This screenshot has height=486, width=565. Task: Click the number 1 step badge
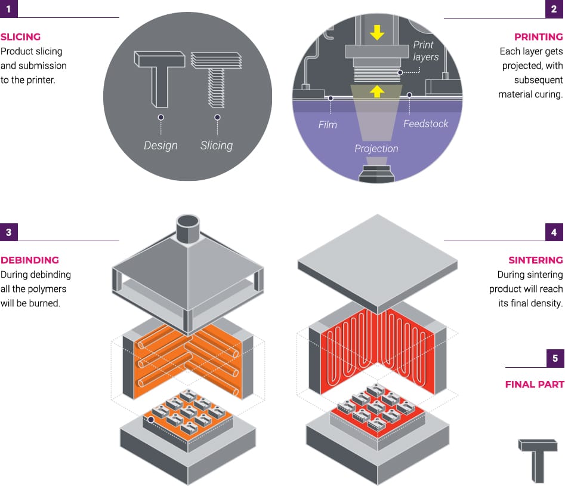click(x=8, y=9)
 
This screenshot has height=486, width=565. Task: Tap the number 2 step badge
click(x=554, y=9)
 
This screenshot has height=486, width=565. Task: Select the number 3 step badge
click(x=8, y=232)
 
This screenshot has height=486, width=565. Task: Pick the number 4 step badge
click(x=554, y=232)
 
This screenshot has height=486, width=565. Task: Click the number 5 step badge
click(x=555, y=358)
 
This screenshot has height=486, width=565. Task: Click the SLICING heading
click(x=21, y=36)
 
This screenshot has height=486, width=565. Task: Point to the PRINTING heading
click(x=538, y=36)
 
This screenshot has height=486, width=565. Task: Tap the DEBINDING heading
click(x=30, y=260)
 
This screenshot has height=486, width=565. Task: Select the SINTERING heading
click(x=535, y=260)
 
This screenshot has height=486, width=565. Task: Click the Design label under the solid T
click(x=160, y=145)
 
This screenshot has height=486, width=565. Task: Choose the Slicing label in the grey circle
click(x=217, y=145)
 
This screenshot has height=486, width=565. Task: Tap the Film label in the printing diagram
click(x=328, y=125)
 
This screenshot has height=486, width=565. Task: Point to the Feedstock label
click(x=425, y=124)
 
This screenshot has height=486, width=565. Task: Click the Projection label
click(x=376, y=148)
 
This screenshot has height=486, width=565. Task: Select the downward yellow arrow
click(x=376, y=32)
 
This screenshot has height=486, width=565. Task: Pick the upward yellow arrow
click(x=376, y=91)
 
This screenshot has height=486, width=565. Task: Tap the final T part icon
click(x=537, y=460)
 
